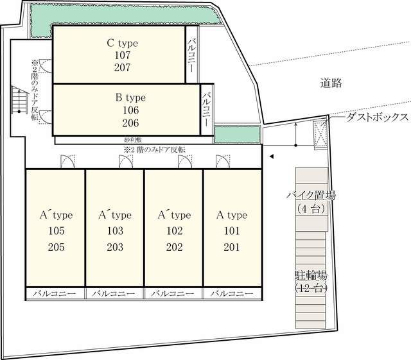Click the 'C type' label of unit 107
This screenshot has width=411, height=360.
tap(123, 44)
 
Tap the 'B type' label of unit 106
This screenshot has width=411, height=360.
tap(130, 98)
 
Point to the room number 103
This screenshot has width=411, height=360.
tap(114, 231)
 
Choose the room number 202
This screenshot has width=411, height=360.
tap(173, 247)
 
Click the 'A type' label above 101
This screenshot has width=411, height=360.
tap(232, 215)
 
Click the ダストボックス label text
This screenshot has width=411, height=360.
tap(378, 117)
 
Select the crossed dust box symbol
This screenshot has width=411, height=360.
tap(320, 133)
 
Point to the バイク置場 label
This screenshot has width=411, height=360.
tap(311, 196)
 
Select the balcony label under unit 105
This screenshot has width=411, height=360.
tap(55, 293)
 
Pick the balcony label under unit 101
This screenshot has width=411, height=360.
tap(232, 293)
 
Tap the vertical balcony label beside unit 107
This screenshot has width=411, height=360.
tap(192, 55)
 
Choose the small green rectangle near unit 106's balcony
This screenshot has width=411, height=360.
tap(237, 135)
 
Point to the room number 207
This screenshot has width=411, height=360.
tap(123, 67)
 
